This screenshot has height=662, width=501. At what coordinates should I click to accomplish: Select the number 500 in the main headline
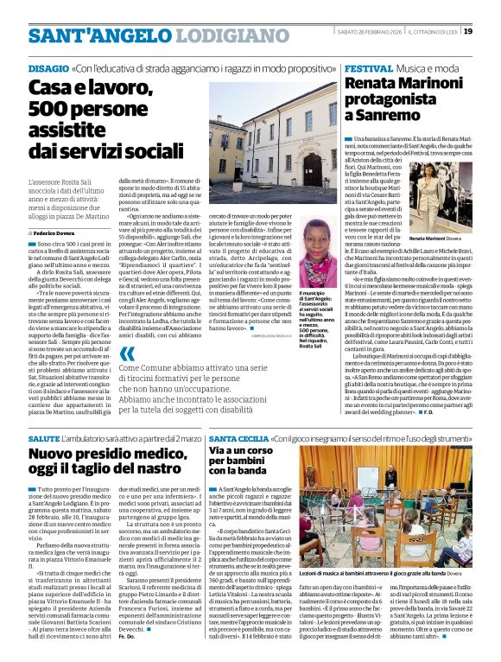click(x=57, y=108)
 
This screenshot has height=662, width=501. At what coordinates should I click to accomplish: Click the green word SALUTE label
click(x=45, y=439)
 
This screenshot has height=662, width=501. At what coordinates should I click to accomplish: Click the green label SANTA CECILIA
click(x=237, y=439)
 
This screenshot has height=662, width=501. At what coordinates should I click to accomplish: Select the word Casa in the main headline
click(x=51, y=87)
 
